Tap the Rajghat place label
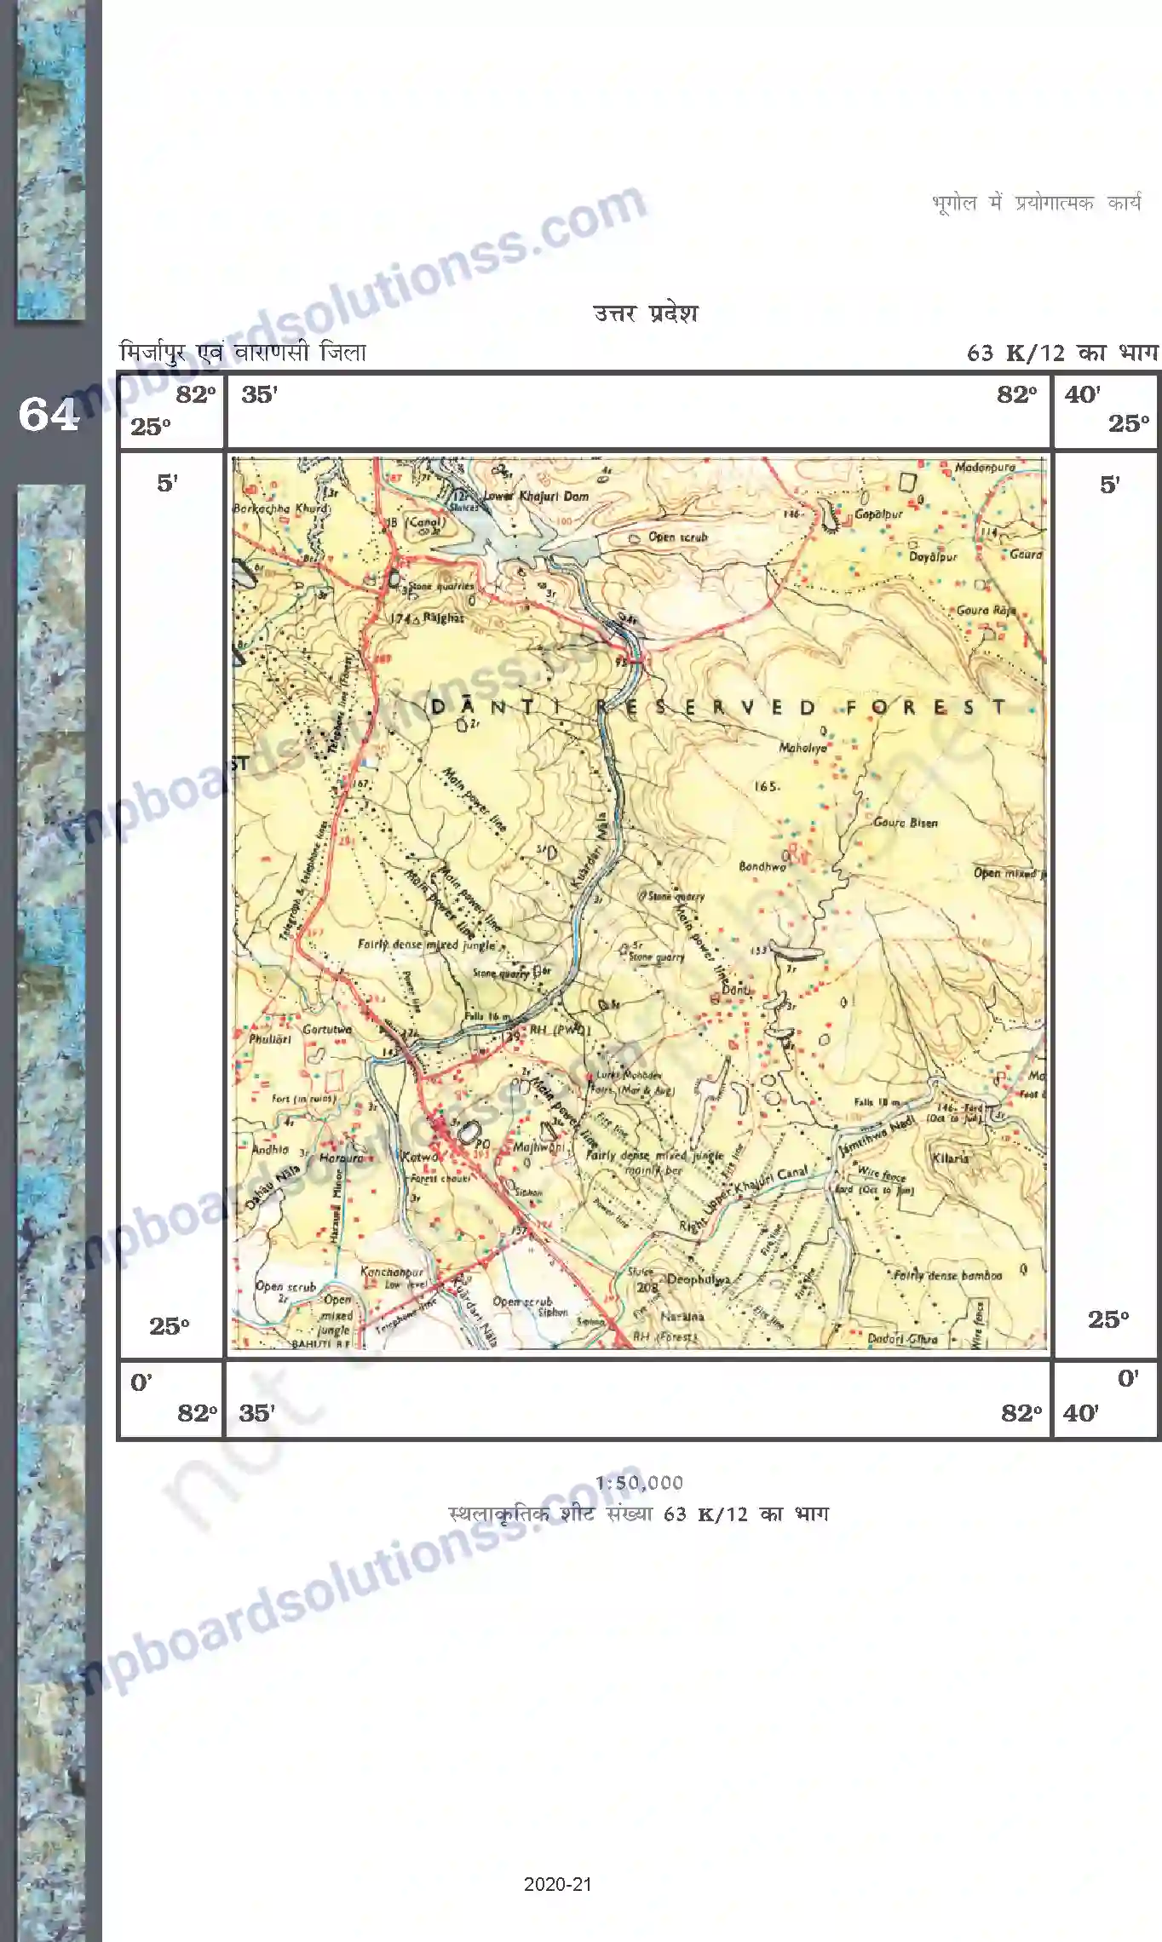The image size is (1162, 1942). pos(443,618)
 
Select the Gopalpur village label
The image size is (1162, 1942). pos(878,514)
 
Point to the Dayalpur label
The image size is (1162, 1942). pos(933,557)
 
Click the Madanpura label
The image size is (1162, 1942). pos(985,468)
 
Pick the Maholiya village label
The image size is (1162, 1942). pos(802,748)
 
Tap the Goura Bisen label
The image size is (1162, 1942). pos(905,823)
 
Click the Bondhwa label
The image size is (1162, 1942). pos(762,866)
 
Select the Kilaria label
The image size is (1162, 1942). pos(951,1158)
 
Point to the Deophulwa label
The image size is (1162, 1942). pos(699,1279)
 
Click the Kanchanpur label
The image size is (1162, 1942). pos(391,1272)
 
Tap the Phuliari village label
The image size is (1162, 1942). pos(270,1039)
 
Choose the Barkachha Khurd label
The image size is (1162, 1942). pos(279,508)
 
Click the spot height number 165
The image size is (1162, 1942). pos(766,786)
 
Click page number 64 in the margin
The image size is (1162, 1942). pos(49,416)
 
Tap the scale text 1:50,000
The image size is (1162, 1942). pos(639,1483)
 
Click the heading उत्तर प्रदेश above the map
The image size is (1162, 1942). pos(646,313)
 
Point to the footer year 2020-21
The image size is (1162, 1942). pos(558,1884)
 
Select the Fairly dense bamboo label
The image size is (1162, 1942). pos(947,1275)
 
